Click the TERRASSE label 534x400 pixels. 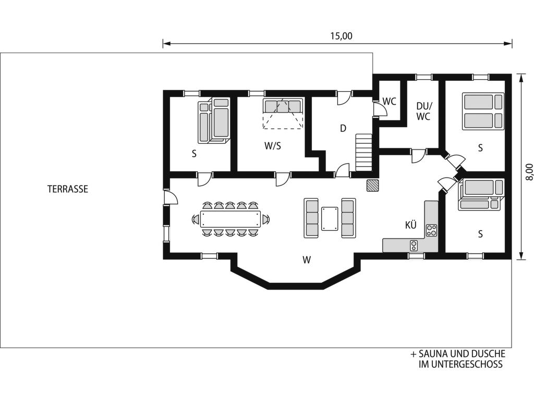pyautogui.click(x=68, y=189)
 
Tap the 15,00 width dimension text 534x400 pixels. pyautogui.click(x=341, y=36)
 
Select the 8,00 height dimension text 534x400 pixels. pyautogui.click(x=529, y=172)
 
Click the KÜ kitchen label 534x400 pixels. pyautogui.click(x=411, y=225)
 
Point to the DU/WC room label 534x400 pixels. pyautogui.click(x=423, y=111)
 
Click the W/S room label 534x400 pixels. pyautogui.click(x=273, y=146)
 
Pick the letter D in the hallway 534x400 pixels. pyautogui.click(x=343, y=128)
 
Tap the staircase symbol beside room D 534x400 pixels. pyautogui.click(x=363, y=153)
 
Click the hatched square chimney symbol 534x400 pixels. pyautogui.click(x=372, y=185)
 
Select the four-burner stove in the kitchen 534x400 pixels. pyautogui.click(x=431, y=230)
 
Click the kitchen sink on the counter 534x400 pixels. pyautogui.click(x=414, y=245)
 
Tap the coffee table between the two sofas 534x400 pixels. pyautogui.click(x=330, y=218)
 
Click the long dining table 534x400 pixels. pyautogui.click(x=230, y=219)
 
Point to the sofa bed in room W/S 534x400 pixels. pyautogui.click(x=283, y=114)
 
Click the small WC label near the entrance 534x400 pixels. pyautogui.click(x=389, y=102)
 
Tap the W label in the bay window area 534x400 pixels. pyautogui.click(x=307, y=260)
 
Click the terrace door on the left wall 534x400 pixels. pyautogui.click(x=170, y=197)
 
